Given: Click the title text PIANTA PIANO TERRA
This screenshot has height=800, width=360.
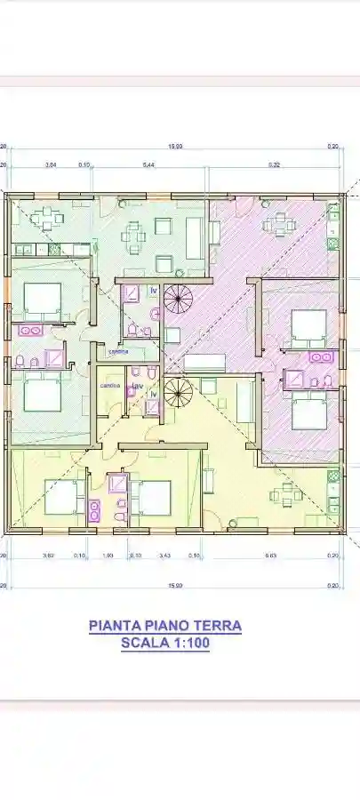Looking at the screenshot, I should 165,626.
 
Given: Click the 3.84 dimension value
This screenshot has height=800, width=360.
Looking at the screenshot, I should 51,165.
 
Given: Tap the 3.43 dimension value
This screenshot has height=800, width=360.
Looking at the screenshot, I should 164,556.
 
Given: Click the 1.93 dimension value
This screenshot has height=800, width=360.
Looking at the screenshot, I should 108,556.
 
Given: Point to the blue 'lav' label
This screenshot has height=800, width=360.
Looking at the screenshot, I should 138,386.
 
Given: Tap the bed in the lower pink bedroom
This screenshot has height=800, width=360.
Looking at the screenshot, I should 308,413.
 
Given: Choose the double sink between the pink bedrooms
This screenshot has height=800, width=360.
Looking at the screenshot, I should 321,357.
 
